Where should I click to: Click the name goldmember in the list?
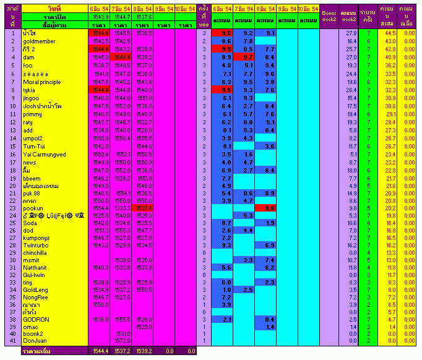pyautogui.click(x=39, y=41)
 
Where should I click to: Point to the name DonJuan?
pyautogui.click(x=36, y=341)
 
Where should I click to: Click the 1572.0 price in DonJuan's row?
pyautogui.click(x=121, y=341)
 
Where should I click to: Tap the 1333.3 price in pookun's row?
pyautogui.click(x=121, y=208)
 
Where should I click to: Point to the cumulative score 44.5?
pyautogui.click(x=390, y=33)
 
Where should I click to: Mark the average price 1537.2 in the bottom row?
pyautogui.click(x=121, y=351)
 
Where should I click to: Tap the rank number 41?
pyautogui.click(x=11, y=341)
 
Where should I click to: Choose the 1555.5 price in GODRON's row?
pyautogui.click(x=121, y=319)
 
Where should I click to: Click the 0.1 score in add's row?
pyautogui.click(x=226, y=130)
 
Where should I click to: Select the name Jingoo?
pyautogui.click(x=31, y=98)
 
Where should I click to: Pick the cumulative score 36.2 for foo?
pyautogui.click(x=390, y=66)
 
